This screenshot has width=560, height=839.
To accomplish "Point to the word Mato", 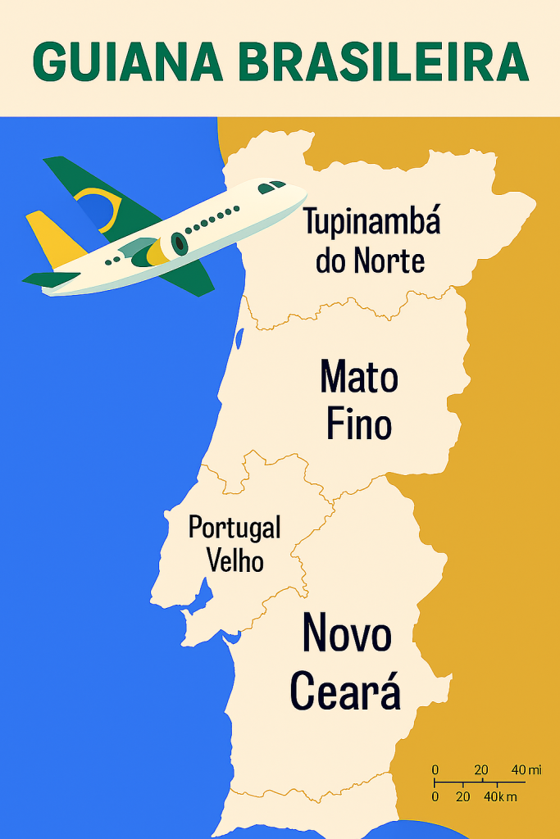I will (359, 378).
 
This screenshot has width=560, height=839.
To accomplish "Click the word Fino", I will (359, 424).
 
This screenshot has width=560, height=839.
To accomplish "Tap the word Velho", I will (235, 562).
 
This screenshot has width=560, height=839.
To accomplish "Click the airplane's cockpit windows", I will (271, 188).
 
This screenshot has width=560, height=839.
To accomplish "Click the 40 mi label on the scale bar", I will (526, 769).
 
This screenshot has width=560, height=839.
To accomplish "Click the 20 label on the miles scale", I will (481, 769).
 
